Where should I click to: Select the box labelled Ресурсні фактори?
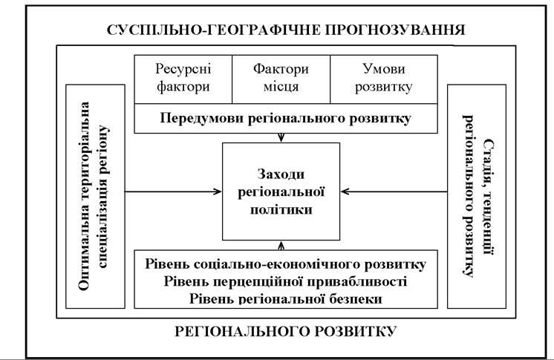pyautogui.click(x=183, y=79)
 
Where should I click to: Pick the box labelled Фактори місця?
pyautogui.click(x=281, y=79)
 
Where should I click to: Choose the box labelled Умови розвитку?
pyautogui.click(x=384, y=79)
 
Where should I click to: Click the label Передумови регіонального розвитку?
pyautogui.click(x=285, y=118)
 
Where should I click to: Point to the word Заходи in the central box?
pyautogui.click(x=281, y=174)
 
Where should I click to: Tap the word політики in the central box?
pyautogui.click(x=281, y=209)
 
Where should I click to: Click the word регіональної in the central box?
pyautogui.click(x=281, y=192)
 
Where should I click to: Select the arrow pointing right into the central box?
pyautogui.click(x=173, y=192)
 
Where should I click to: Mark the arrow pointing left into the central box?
pyautogui.click(x=394, y=192)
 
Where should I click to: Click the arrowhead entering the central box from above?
pyautogui.click(x=281, y=138)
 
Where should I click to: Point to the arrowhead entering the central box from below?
pyautogui.click(x=281, y=245)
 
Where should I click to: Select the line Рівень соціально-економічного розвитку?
pyautogui.click(x=285, y=264)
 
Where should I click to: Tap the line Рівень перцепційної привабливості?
pyautogui.click(x=285, y=281)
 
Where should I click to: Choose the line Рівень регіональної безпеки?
pyautogui.click(x=285, y=299)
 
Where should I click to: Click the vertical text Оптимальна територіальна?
pyautogui.click(x=85, y=197)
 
